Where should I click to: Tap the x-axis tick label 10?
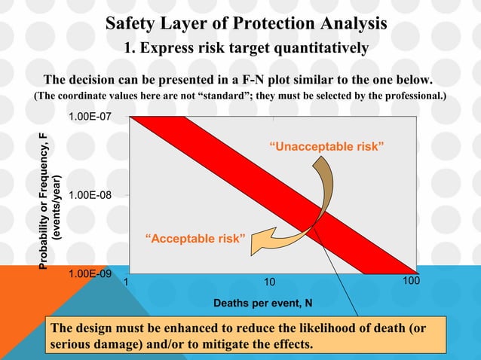coord(269,282)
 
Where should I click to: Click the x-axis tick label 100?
coord(410,281)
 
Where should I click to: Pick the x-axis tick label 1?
coord(126,282)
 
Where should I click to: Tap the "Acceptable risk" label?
coord(195,239)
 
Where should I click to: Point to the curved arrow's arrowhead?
coord(259,243)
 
